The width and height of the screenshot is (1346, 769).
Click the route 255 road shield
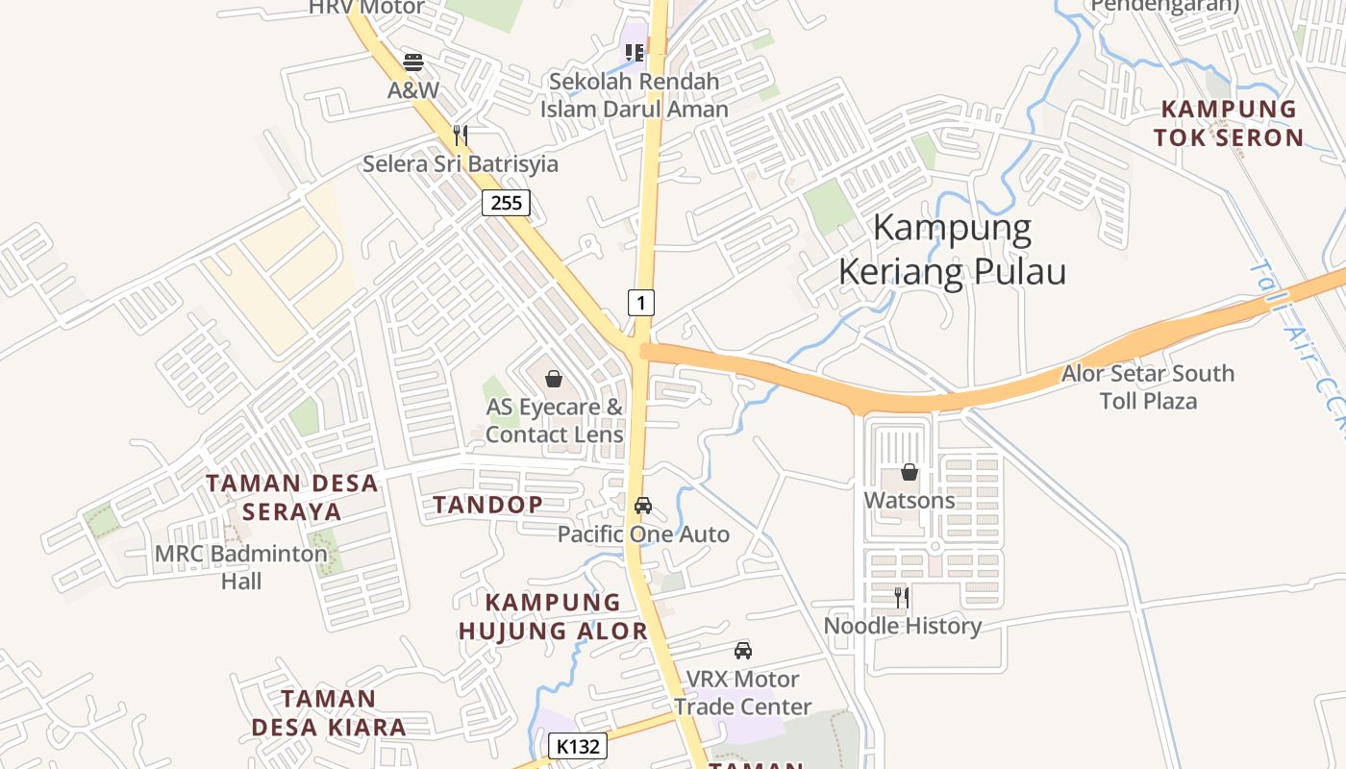506,203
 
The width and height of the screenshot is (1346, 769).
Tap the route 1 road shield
641,303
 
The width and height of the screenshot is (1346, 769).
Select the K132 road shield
579,746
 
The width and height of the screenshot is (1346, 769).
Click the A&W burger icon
413,62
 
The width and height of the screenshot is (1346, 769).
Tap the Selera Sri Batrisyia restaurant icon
461,135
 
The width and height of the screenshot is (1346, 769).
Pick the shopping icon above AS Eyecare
554,379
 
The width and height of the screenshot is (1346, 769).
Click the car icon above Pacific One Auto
643,506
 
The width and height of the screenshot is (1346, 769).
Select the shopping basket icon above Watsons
910,472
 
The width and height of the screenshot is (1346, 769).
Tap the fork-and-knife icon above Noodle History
902,598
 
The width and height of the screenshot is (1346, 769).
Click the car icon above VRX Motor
743,651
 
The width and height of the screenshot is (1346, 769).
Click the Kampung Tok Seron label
1229,123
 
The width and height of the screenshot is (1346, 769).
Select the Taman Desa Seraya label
292,497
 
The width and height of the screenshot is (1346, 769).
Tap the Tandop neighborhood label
487,505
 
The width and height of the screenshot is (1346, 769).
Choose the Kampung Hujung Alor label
553,616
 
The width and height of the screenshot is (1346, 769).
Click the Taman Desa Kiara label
329,712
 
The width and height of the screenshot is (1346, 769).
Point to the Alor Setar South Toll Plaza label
1148,386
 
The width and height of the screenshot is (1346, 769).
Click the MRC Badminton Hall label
241,567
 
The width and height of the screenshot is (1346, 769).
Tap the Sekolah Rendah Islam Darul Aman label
634,95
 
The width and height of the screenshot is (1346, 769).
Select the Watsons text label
910,501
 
